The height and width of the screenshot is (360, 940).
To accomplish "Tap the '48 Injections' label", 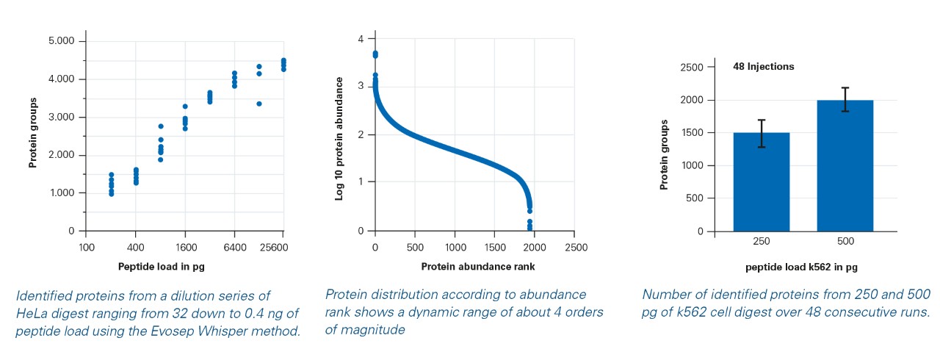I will click(763, 67).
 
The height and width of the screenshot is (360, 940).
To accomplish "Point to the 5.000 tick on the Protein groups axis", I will click(62, 41).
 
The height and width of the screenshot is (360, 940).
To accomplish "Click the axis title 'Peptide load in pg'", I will click(162, 267).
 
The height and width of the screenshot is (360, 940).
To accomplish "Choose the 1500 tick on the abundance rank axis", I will click(495, 247).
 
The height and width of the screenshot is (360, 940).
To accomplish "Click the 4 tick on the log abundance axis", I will click(361, 38).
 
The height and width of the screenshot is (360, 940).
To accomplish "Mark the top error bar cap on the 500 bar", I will click(845, 88).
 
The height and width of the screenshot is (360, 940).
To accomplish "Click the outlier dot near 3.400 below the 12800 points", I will click(259, 104).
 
